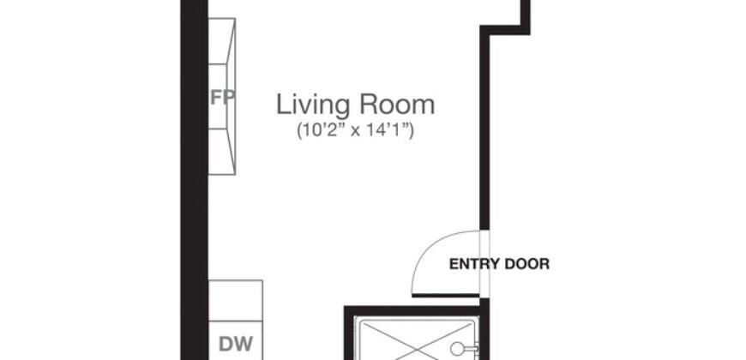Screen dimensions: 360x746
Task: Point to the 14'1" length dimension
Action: [x=390, y=131]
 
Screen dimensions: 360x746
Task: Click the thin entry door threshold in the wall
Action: [x=484, y=263]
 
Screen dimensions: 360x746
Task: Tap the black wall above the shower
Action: [x=412, y=310]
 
